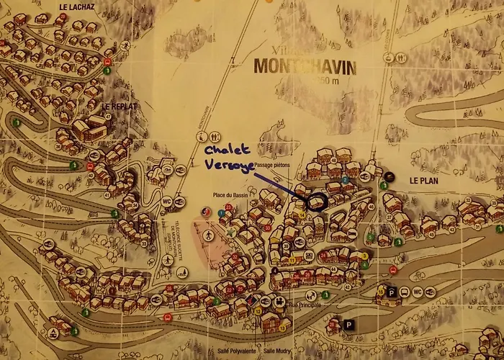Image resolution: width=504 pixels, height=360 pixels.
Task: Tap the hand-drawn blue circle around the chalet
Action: point(315,202)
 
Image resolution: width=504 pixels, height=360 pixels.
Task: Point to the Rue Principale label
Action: point(302,305)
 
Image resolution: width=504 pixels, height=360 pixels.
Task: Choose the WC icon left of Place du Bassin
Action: point(167,201)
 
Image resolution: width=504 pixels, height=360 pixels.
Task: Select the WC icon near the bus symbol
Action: point(418,292)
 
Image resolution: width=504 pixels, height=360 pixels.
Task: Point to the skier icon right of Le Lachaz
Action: point(125,46)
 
